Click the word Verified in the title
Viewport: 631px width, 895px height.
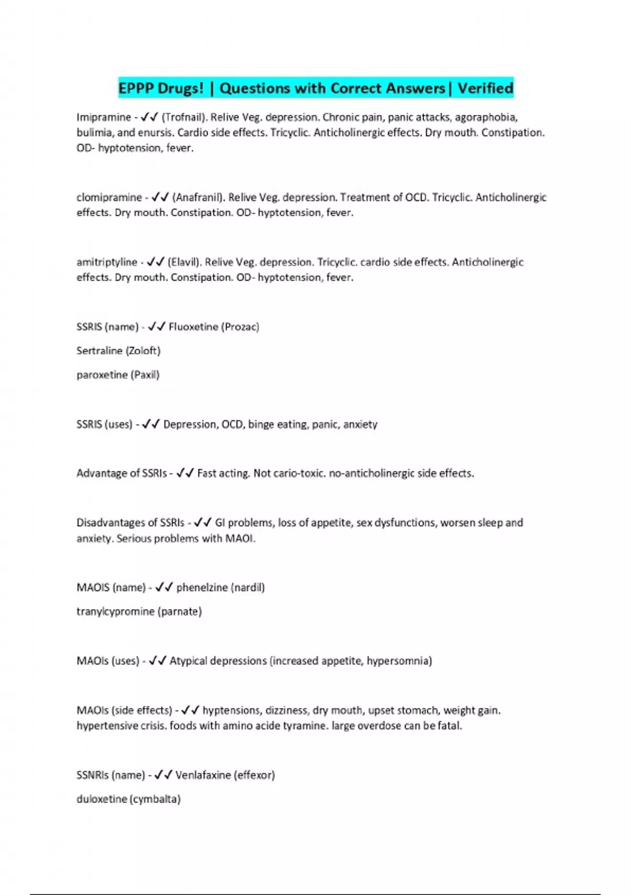click(485, 88)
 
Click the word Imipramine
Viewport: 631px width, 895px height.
click(104, 117)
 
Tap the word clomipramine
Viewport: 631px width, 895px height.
click(109, 197)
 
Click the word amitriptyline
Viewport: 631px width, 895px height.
click(107, 262)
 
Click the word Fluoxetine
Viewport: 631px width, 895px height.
click(193, 327)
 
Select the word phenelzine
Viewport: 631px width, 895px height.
click(202, 588)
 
